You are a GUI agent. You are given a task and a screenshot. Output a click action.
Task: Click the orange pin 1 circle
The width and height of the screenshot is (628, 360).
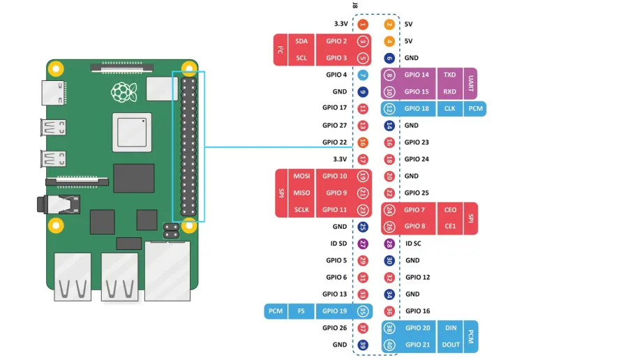coord(363,24)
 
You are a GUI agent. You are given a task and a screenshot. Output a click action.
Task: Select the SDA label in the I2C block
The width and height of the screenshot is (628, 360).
coord(301,41)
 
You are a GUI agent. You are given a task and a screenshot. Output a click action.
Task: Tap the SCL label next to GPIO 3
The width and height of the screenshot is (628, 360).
coord(301,58)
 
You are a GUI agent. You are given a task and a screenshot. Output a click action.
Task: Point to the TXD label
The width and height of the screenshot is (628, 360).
coord(450,75)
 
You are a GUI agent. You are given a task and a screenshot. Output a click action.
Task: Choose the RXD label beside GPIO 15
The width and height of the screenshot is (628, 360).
coord(450,91)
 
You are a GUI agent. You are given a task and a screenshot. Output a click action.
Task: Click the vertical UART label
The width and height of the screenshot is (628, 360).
coord(471,83)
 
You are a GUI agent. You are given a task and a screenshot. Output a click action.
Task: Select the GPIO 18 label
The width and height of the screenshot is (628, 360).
coord(417,109)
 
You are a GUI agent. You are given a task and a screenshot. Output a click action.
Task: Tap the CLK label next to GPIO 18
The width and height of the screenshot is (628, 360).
coord(450,109)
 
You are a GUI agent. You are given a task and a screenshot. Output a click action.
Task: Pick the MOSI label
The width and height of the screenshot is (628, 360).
coord(301,177)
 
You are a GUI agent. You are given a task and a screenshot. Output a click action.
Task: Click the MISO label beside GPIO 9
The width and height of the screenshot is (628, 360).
coord(301,193)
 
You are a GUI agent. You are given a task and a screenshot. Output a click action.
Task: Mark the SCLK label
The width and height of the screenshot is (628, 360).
coord(301,210)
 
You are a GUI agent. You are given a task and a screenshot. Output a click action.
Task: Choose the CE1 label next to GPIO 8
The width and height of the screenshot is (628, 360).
coord(450,226)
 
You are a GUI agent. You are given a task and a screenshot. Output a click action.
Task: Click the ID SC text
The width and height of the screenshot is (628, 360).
coord(413,243)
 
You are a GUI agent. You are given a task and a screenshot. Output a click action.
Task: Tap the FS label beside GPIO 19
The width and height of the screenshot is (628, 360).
coord(301,311)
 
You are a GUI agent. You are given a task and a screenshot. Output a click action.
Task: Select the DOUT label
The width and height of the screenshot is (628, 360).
coord(451,345)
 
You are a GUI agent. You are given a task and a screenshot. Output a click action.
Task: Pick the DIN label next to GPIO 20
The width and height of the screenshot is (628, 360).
coord(451,328)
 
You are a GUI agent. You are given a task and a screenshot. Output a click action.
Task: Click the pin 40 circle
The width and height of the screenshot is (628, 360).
coord(389,345)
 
